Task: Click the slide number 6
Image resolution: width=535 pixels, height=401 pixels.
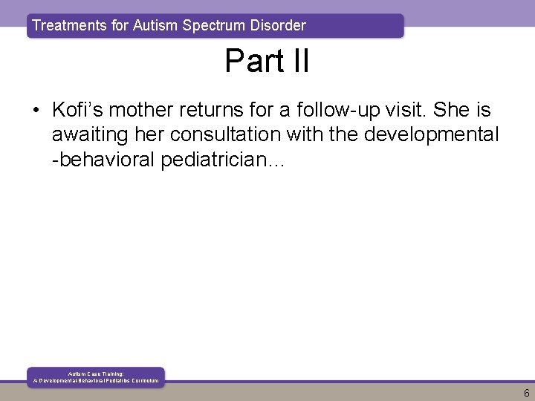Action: [526, 393]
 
